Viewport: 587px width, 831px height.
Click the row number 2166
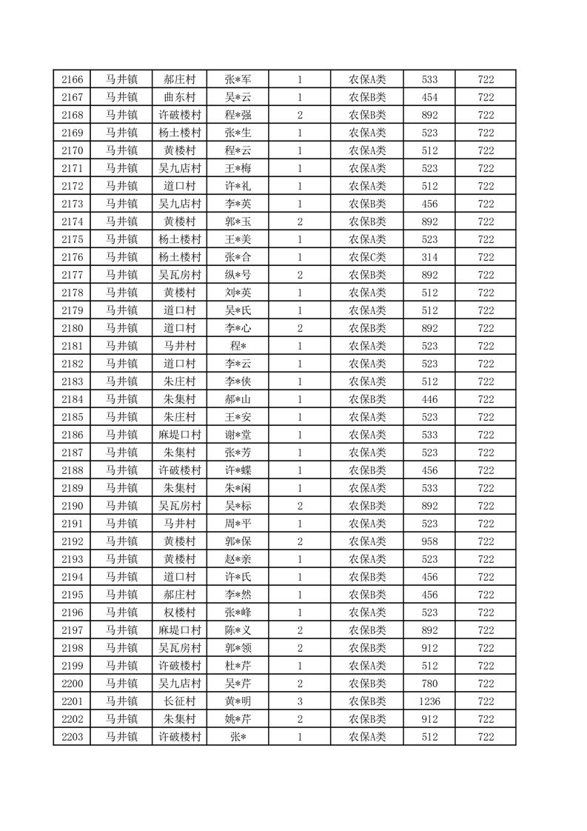coord(73,79)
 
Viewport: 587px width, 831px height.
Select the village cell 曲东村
coord(179,97)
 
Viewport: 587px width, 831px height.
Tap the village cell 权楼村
coord(179,613)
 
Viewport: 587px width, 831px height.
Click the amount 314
coord(429,257)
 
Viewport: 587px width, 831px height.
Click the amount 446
coord(429,399)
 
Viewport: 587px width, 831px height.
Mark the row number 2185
coord(73,417)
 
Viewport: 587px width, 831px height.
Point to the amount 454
coord(429,97)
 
